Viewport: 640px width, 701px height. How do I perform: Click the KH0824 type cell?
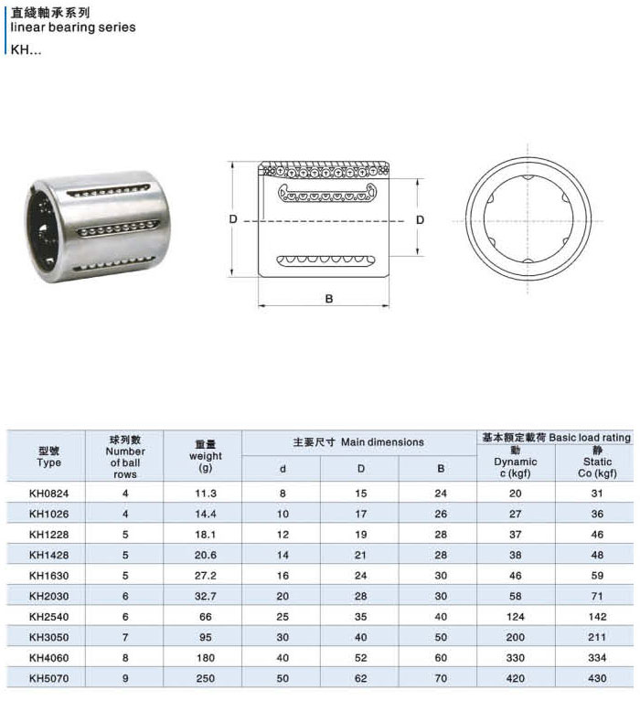pyautogui.click(x=48, y=494)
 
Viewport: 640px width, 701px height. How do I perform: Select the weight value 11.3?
pyautogui.click(x=206, y=494)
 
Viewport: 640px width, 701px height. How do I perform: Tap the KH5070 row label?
pyautogui.click(x=48, y=678)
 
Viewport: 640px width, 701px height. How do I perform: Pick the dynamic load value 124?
pyautogui.click(x=516, y=617)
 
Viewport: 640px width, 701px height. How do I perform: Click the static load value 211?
pyautogui.click(x=597, y=637)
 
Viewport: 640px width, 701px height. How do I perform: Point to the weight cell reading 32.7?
pyautogui.click(x=206, y=596)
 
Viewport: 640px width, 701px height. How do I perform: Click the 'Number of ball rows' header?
pyautogui.click(x=125, y=456)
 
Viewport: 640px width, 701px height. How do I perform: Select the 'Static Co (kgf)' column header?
pyautogui.click(x=597, y=462)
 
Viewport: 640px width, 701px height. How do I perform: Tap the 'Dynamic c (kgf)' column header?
pyautogui.click(x=516, y=462)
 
